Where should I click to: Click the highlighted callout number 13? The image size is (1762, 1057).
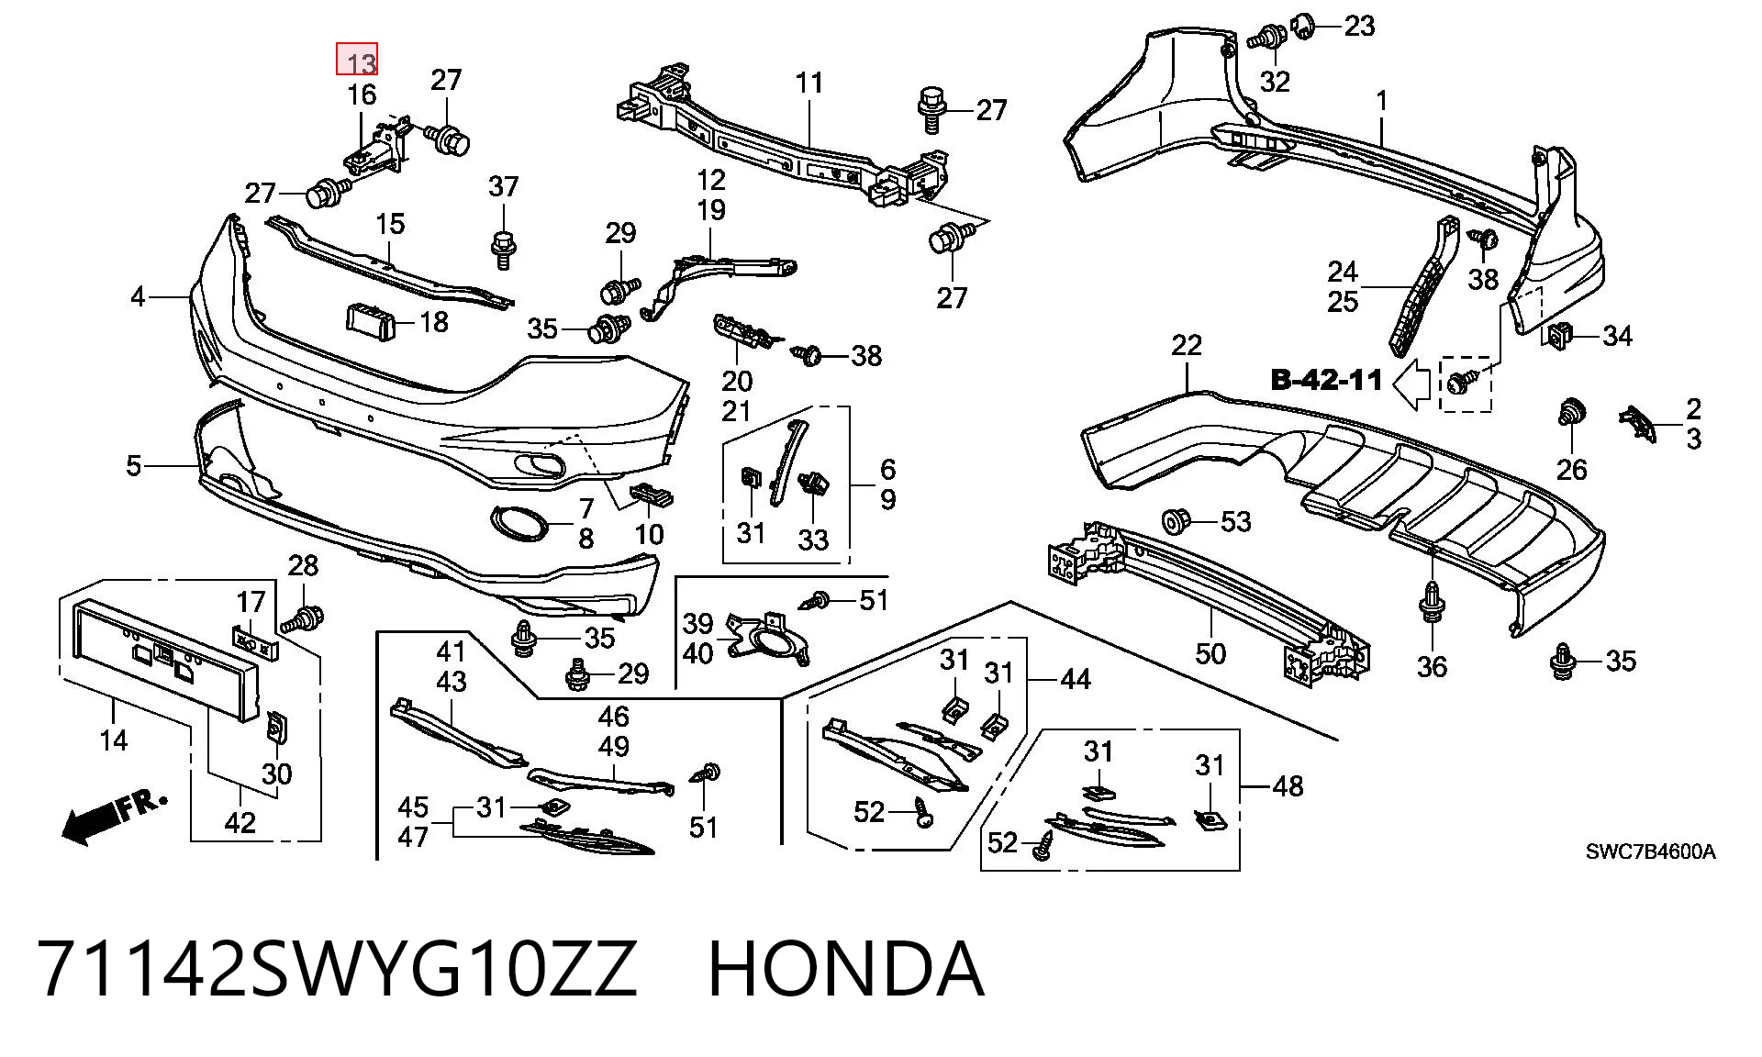tap(357, 60)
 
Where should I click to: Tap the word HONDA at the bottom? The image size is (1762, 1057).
tap(846, 969)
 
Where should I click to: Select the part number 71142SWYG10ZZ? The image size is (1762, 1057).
tap(337, 969)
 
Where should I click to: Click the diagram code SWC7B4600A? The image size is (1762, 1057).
tap(1650, 851)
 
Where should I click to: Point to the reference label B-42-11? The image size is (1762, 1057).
tap(1326, 380)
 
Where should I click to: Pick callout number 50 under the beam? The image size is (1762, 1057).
tap(1210, 653)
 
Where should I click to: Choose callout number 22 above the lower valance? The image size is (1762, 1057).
tap(1187, 345)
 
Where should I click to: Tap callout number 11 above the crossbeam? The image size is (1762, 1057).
tap(809, 83)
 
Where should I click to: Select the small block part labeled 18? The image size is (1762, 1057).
tap(370, 322)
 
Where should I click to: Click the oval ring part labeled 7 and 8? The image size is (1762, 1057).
tap(520, 522)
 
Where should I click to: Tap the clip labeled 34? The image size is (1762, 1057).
tap(1558, 337)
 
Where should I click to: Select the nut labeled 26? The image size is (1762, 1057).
tap(1570, 415)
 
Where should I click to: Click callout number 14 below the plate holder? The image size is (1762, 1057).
tap(114, 740)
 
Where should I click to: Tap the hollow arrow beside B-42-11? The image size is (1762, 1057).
tap(1412, 384)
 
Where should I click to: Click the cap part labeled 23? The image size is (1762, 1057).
tap(1303, 26)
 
